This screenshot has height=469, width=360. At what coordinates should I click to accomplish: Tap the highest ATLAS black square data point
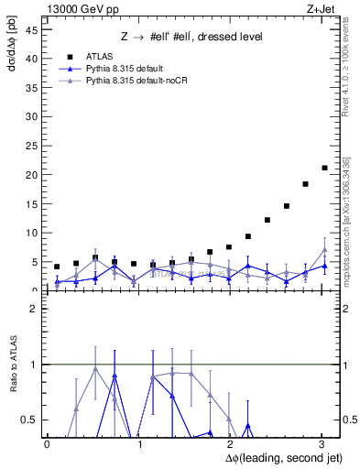[324, 168]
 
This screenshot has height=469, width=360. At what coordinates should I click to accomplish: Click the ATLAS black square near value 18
[305, 184]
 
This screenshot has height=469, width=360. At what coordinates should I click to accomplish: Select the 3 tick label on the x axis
[322, 443]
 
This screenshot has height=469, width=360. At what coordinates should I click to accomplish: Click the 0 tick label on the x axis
[47, 443]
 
